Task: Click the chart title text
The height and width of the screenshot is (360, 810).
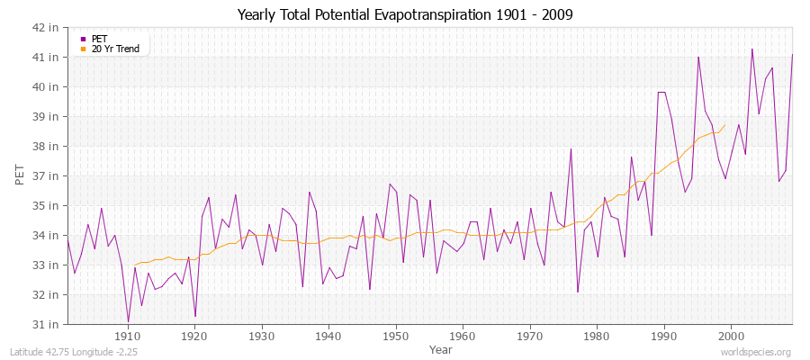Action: point(404,15)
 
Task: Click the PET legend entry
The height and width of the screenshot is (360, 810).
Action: point(99,39)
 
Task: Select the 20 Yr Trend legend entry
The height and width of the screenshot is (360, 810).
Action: point(115,49)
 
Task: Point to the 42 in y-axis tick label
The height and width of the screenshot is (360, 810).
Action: point(47,28)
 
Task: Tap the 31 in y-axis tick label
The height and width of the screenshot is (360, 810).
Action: point(47,324)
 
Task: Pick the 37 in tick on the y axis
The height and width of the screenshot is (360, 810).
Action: point(47,175)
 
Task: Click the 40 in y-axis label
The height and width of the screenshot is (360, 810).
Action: point(47,87)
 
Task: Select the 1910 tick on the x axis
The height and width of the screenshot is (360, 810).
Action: point(128,336)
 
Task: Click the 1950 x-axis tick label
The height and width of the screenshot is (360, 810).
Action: point(396,336)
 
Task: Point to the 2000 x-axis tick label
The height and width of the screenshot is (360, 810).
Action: point(731,336)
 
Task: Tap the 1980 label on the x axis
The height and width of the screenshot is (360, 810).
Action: point(597,336)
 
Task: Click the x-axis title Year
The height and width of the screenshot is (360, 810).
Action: point(441,348)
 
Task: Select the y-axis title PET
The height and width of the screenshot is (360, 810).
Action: point(20,175)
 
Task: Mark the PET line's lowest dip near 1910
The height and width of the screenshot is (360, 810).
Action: point(128,321)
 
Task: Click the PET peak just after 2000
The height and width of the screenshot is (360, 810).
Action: point(751,49)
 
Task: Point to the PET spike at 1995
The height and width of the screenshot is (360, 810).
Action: point(697,57)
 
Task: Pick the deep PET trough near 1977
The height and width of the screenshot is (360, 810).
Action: point(578,292)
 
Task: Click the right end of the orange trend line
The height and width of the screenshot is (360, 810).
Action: point(724,125)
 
